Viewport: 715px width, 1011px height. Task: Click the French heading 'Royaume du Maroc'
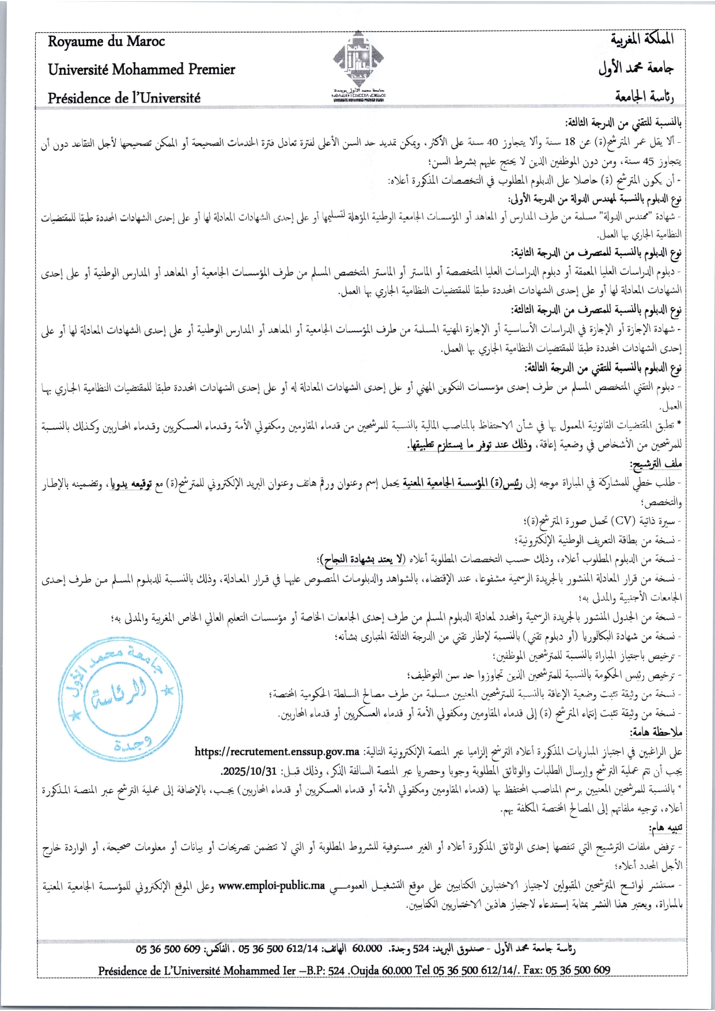106,41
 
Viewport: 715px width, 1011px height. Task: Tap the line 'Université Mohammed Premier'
141,70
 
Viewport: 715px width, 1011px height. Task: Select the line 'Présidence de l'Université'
124,98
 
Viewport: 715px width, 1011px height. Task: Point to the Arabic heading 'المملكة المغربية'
642,39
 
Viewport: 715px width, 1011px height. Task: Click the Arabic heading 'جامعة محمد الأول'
635,68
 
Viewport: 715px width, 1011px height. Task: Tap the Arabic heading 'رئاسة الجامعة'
644,96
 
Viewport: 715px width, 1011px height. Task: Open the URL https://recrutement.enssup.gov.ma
277,752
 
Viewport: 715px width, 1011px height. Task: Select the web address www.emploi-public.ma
271,885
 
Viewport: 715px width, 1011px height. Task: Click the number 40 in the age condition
492,143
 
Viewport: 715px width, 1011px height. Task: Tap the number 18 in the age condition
570,143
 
